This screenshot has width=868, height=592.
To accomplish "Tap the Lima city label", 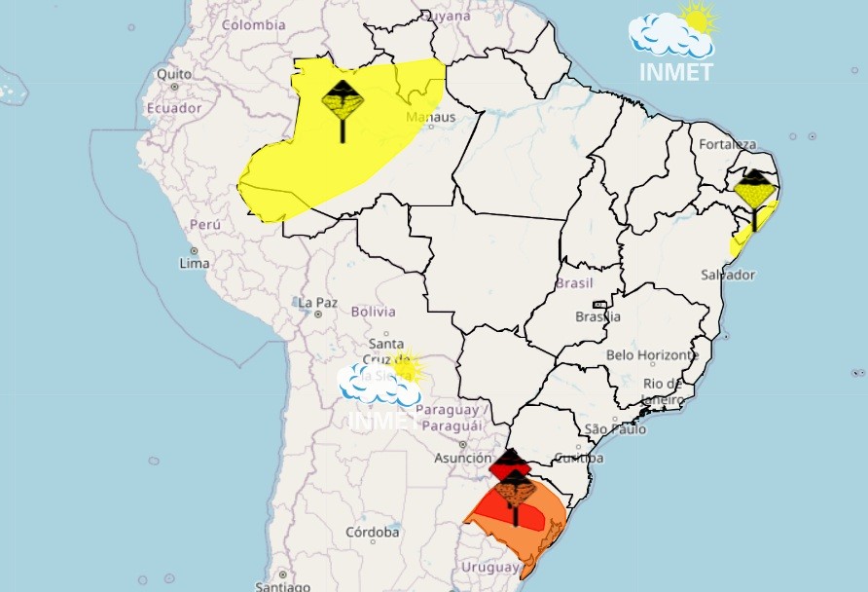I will pyautogui.click(x=195, y=263).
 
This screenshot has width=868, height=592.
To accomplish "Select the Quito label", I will pyautogui.click(x=174, y=74).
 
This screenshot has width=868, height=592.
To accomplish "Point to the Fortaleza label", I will pyautogui.click(x=727, y=145).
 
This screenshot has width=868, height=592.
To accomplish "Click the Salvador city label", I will pyautogui.click(x=727, y=275).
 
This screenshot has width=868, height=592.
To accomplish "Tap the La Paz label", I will pyautogui.click(x=317, y=302).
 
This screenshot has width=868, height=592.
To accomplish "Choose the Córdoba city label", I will pyautogui.click(x=373, y=533).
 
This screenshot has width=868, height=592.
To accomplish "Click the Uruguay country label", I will pyautogui.click(x=491, y=567).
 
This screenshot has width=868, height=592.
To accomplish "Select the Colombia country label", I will pyautogui.click(x=253, y=24).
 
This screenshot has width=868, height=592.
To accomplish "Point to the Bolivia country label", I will pyautogui.click(x=373, y=312).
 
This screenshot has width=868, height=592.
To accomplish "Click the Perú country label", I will pyautogui.click(x=205, y=224).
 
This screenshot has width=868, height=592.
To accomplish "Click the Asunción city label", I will pyautogui.click(x=463, y=458).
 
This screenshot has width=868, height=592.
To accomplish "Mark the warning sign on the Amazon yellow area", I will pyautogui.click(x=343, y=107).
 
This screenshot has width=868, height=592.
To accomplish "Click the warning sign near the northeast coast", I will pyautogui.click(x=754, y=195).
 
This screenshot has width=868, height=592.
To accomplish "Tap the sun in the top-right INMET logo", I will pyautogui.click(x=698, y=17).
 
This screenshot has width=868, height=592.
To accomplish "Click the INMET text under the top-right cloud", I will pyautogui.click(x=675, y=72).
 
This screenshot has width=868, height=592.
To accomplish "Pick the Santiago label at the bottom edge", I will pyautogui.click(x=282, y=586).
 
